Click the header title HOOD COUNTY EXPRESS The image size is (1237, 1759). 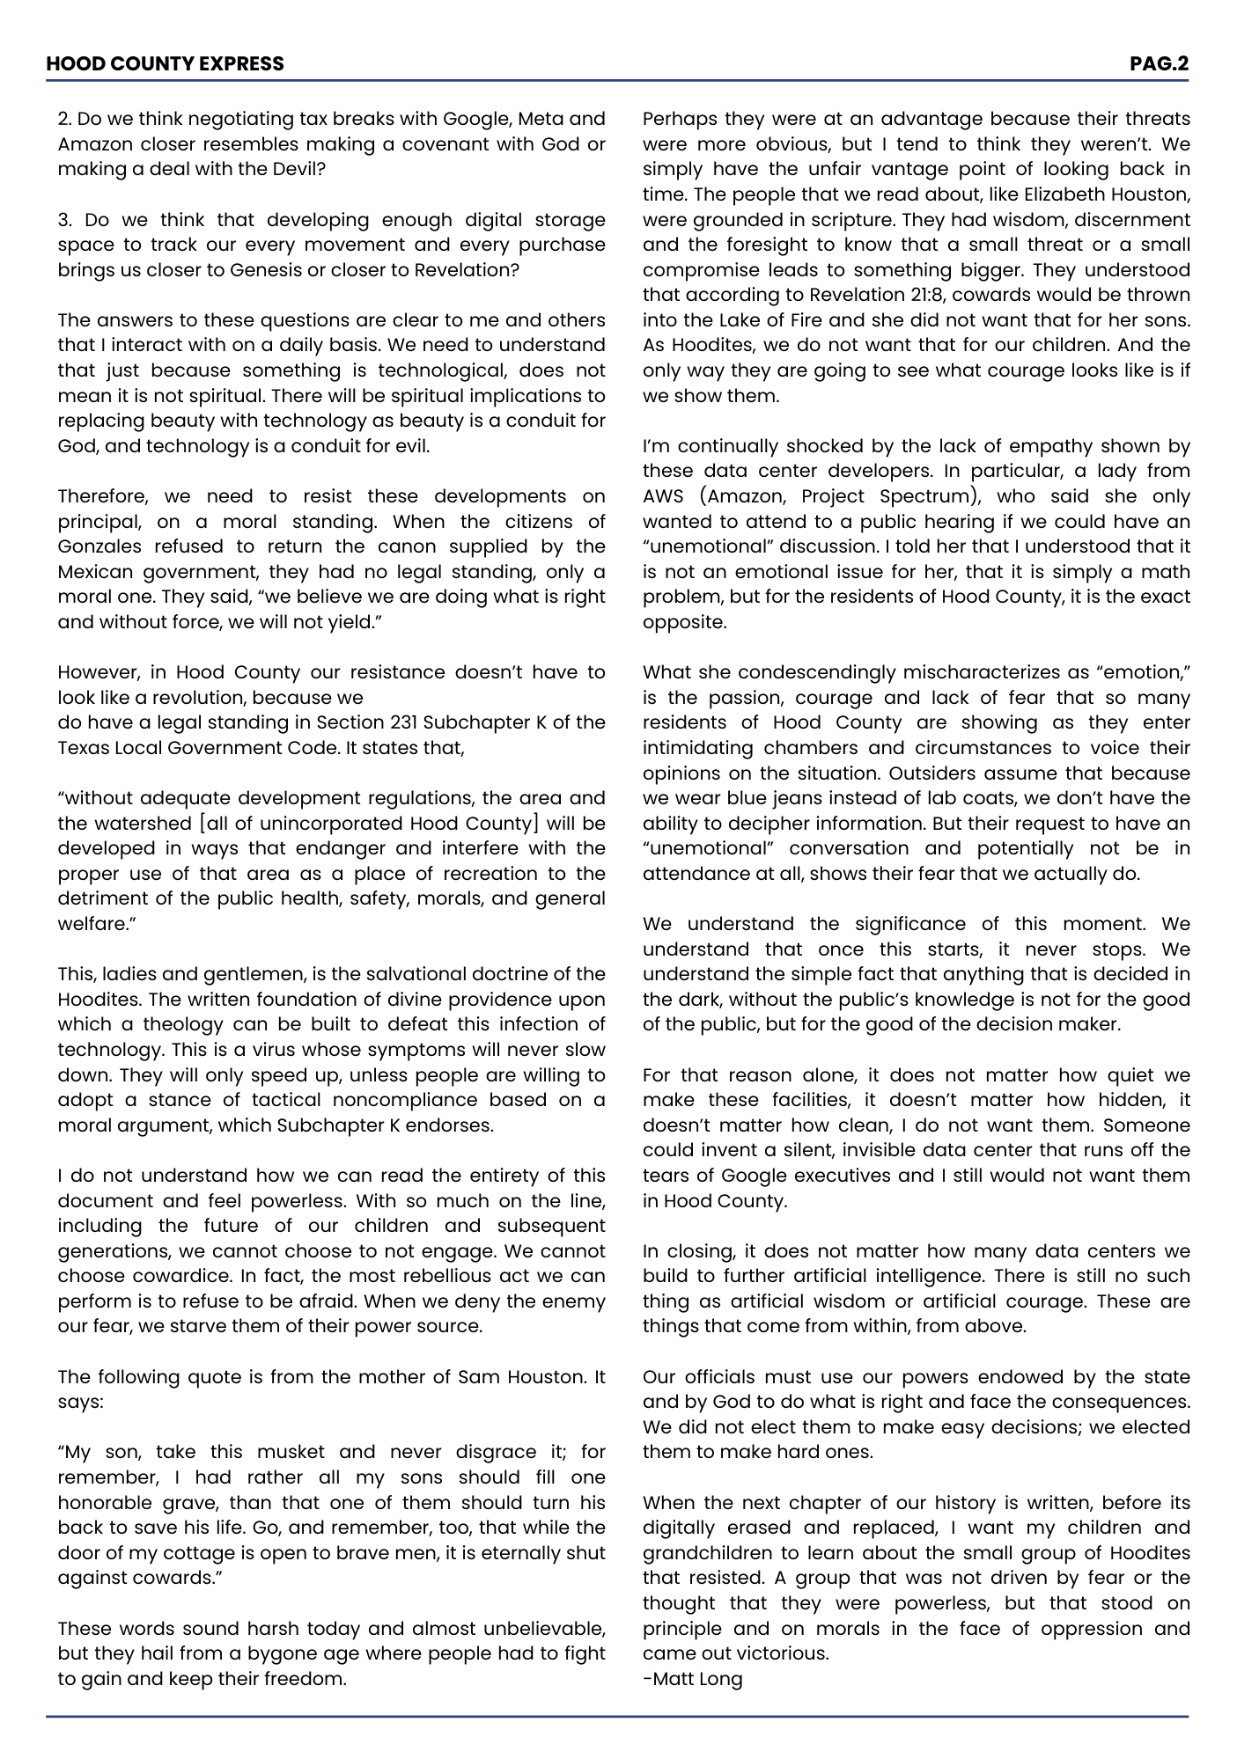(165, 63)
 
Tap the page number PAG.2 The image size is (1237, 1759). (1159, 63)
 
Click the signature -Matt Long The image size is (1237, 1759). (692, 1678)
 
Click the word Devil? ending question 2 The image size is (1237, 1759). (298, 169)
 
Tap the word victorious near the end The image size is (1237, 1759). (780, 1653)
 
